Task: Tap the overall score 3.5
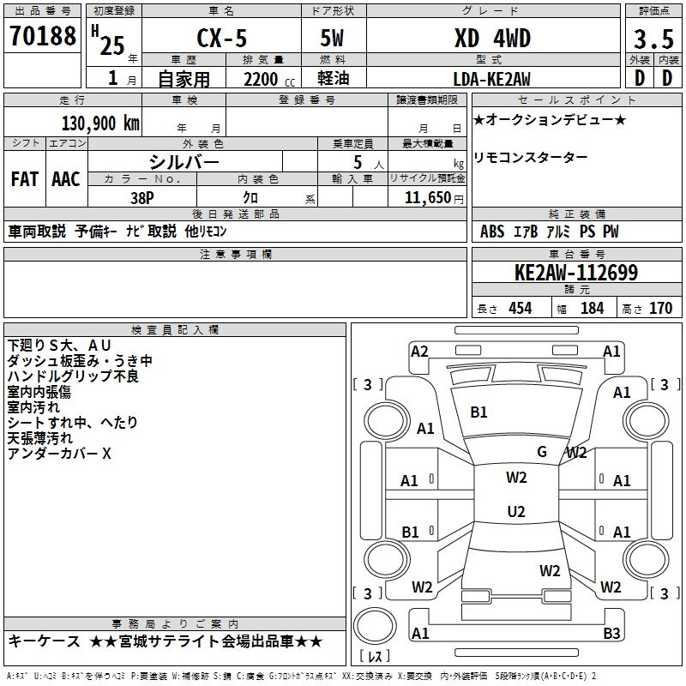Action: click(x=652, y=39)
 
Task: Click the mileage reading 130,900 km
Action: click(x=100, y=123)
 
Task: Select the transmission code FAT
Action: click(x=24, y=179)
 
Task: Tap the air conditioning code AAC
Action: click(x=66, y=179)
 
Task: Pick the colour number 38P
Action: click(x=142, y=196)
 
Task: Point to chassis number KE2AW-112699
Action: click(x=575, y=273)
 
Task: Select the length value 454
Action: click(x=521, y=309)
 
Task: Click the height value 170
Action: click(x=660, y=309)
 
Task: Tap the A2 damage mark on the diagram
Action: click(x=419, y=351)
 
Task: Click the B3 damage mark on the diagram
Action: click(x=611, y=634)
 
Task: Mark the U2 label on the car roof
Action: click(x=515, y=512)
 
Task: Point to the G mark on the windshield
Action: click(x=542, y=451)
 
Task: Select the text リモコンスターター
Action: click(x=530, y=158)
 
